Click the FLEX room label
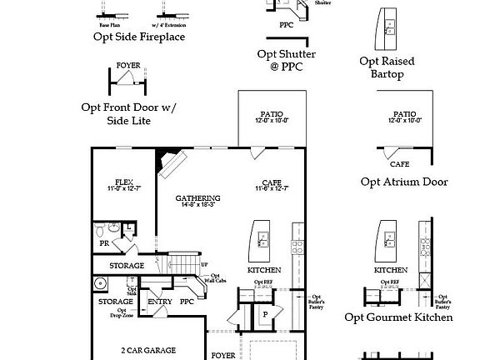(x=123, y=182)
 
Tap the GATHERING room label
(x=197, y=198)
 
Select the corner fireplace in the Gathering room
(x=172, y=163)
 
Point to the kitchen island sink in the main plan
(x=262, y=241)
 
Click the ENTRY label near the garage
(x=159, y=302)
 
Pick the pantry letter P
(x=265, y=314)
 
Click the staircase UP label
(x=204, y=264)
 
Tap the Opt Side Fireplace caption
(x=139, y=37)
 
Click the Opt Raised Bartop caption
(x=387, y=67)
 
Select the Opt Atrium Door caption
(x=404, y=182)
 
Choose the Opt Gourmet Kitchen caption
(x=398, y=317)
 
